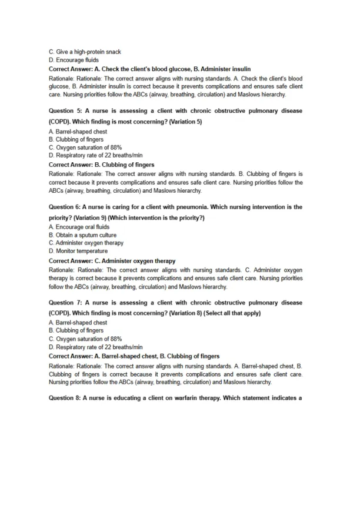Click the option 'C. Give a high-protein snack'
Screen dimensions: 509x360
[x=85, y=52]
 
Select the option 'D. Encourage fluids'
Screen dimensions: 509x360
[x=74, y=59]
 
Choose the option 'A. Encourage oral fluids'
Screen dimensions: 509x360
[x=79, y=227]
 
